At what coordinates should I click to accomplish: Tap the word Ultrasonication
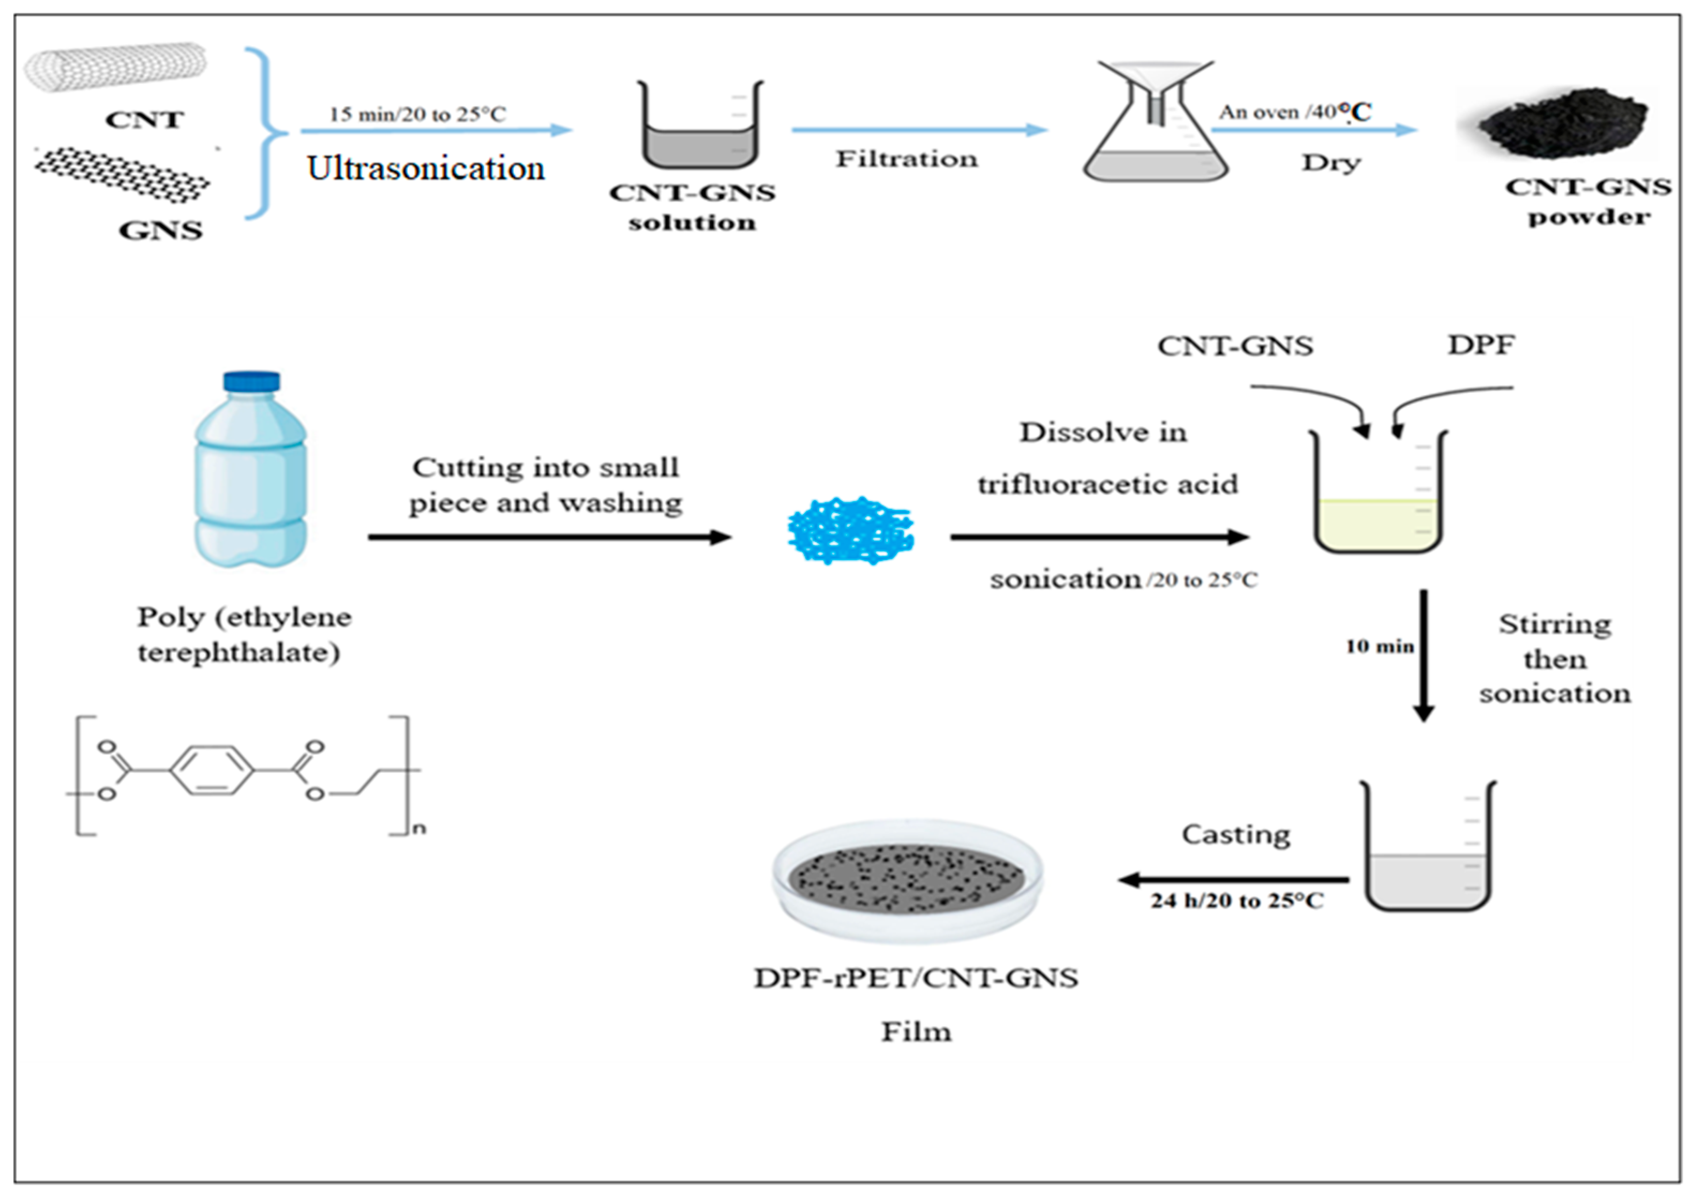(426, 169)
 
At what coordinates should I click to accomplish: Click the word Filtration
(906, 159)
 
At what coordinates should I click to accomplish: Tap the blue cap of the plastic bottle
(252, 381)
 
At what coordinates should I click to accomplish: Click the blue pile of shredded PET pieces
(851, 530)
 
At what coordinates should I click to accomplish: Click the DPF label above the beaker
(1481, 345)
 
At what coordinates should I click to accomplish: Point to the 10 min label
(1379, 646)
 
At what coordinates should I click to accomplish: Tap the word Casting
(1236, 834)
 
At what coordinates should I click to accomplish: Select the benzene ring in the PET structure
(212, 771)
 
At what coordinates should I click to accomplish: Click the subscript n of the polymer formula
(419, 828)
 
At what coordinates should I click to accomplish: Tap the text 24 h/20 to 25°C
(1236, 901)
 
